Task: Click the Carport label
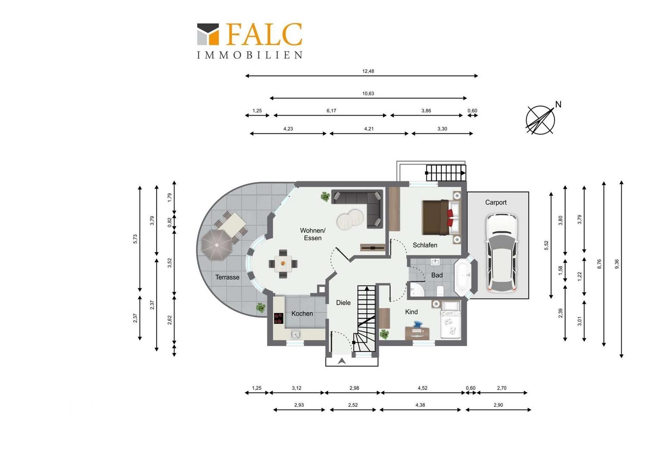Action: [x=496, y=202]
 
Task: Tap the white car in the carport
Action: [x=501, y=253]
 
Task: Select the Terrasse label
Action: [x=227, y=277]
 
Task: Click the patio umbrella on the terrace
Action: [x=217, y=245]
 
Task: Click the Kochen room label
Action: [x=302, y=314]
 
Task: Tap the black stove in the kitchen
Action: [x=279, y=318]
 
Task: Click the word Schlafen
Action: [x=425, y=245]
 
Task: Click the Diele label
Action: [x=343, y=302]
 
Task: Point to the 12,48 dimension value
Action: [x=368, y=71]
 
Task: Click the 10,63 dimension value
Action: [x=368, y=94]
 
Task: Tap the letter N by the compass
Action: [x=558, y=104]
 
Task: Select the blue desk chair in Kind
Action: [x=417, y=325]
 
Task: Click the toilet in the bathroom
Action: [x=440, y=290]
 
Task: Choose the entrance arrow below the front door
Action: [x=342, y=361]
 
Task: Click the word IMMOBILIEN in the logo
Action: [x=249, y=55]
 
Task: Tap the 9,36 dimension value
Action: [x=617, y=264]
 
